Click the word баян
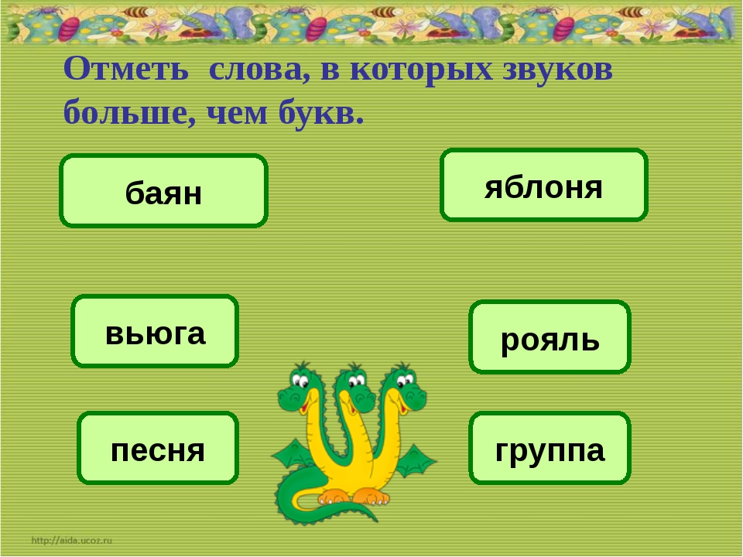click(x=163, y=193)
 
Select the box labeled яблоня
click(x=544, y=185)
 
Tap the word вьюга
click(x=155, y=333)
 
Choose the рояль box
click(x=550, y=337)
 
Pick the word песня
click(x=158, y=450)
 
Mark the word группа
click(x=550, y=451)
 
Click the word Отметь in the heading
click(x=126, y=68)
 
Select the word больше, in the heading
click(x=129, y=113)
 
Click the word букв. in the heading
click(x=320, y=113)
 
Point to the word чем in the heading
click(x=237, y=114)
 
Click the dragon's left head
click(x=297, y=388)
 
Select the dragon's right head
click(x=405, y=386)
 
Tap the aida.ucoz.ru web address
click(x=72, y=540)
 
